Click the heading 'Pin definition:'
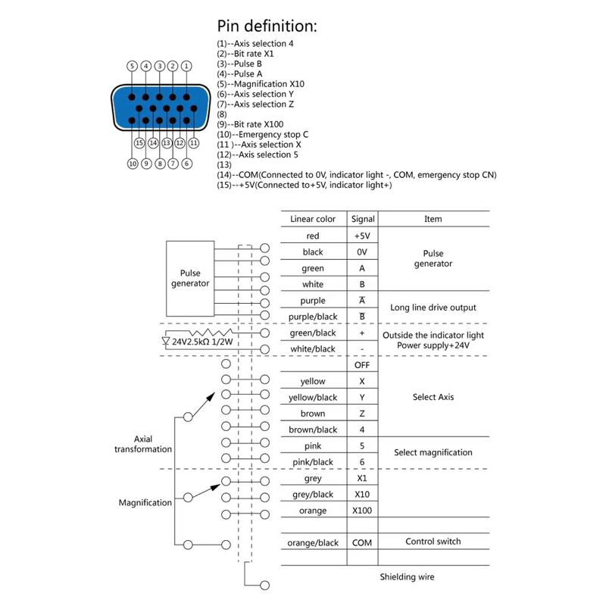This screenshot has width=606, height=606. point(267,25)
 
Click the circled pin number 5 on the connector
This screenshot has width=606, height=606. point(133,66)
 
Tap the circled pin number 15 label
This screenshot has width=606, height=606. point(139,142)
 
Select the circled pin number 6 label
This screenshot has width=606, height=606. point(187,163)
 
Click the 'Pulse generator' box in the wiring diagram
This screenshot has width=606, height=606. point(190,278)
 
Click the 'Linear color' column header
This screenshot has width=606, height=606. point(313,219)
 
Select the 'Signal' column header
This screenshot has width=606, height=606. point(362,219)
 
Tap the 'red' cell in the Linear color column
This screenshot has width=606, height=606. point(313,236)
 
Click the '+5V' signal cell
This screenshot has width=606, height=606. point(362,236)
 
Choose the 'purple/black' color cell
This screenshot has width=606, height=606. point(313,317)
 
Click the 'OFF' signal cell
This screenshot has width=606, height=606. point(362,365)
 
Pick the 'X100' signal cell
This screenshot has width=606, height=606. point(362,511)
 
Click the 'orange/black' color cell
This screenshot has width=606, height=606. point(313,542)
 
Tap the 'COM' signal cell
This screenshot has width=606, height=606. point(362,542)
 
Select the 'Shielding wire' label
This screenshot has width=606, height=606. point(408,577)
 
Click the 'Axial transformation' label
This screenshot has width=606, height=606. point(143,444)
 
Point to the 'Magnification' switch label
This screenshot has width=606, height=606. point(145,502)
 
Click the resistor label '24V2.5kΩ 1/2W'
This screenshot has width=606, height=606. point(201,342)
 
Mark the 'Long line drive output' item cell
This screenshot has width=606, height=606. point(433,308)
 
